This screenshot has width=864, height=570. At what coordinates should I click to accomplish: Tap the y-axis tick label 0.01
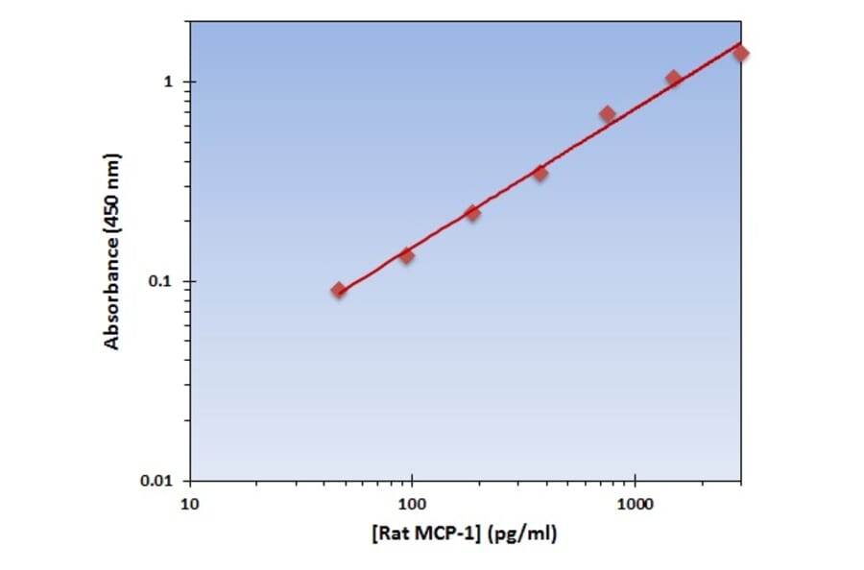tap(159, 481)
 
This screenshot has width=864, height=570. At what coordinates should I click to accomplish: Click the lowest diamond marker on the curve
tap(339, 290)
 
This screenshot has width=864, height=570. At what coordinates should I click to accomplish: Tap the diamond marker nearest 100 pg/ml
tap(406, 255)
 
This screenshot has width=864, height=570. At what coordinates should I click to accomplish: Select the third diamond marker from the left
tap(472, 213)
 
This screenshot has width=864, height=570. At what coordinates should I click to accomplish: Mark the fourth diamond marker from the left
tap(540, 173)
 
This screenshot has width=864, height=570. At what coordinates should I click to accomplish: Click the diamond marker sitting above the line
tap(608, 114)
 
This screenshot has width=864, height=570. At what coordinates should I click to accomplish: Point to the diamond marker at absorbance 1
tap(673, 79)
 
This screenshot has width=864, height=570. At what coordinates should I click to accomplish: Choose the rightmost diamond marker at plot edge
tap(740, 53)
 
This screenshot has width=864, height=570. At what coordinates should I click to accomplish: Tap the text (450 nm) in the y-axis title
tap(113, 193)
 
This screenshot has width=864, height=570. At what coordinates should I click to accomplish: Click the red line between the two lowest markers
tap(372, 272)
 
